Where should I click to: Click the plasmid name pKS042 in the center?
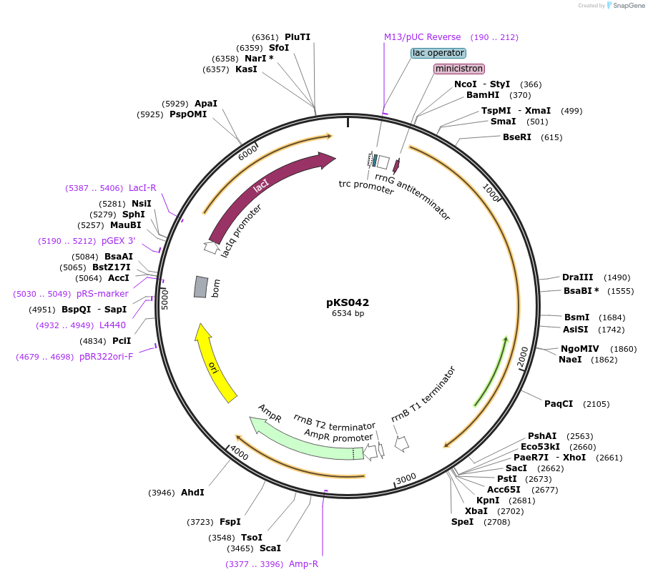click(x=348, y=302)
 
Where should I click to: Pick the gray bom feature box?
click(x=201, y=287)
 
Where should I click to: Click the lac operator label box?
click(x=438, y=53)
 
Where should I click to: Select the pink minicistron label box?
click(x=459, y=69)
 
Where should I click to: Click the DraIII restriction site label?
click(x=576, y=277)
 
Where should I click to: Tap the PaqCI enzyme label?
click(x=559, y=404)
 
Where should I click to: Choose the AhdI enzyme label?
click(x=192, y=493)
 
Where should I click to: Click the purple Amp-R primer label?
click(x=303, y=564)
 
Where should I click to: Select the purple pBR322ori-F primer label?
click(x=106, y=356)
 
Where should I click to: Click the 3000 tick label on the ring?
click(x=406, y=478)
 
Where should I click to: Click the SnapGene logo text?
click(x=627, y=6)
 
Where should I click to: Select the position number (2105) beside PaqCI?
click(x=597, y=404)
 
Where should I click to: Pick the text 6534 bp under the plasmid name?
click(x=348, y=314)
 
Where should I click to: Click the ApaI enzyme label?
click(x=206, y=104)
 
